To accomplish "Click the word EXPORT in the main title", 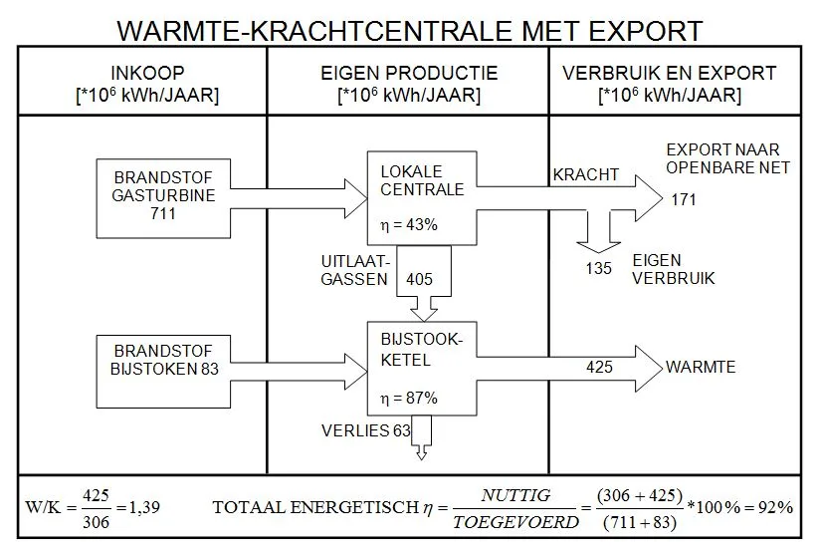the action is (x=645, y=31).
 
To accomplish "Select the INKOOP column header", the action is (x=147, y=84).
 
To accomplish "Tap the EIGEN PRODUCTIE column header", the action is (x=409, y=84).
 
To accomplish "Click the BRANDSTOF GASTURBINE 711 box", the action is (x=163, y=198).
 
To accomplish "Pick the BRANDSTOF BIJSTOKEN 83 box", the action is (x=163, y=371).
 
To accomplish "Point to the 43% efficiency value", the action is (x=422, y=224).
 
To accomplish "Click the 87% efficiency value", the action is (x=422, y=398).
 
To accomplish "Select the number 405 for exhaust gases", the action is (x=419, y=279).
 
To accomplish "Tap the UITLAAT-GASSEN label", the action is (x=355, y=270).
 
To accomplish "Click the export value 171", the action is (x=684, y=199).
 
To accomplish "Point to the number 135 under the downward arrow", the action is (x=598, y=268).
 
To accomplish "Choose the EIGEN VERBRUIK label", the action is (x=673, y=269).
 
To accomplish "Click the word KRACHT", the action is (x=586, y=174).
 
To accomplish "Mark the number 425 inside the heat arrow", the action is (x=599, y=367).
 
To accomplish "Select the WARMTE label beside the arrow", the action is (x=701, y=367).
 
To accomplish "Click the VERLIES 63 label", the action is (x=366, y=430).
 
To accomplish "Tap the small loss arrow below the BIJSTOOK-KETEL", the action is (x=422, y=437).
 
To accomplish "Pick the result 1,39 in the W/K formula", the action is (x=144, y=507).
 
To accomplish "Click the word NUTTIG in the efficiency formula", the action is (x=515, y=495).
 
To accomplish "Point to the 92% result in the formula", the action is (x=775, y=507).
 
